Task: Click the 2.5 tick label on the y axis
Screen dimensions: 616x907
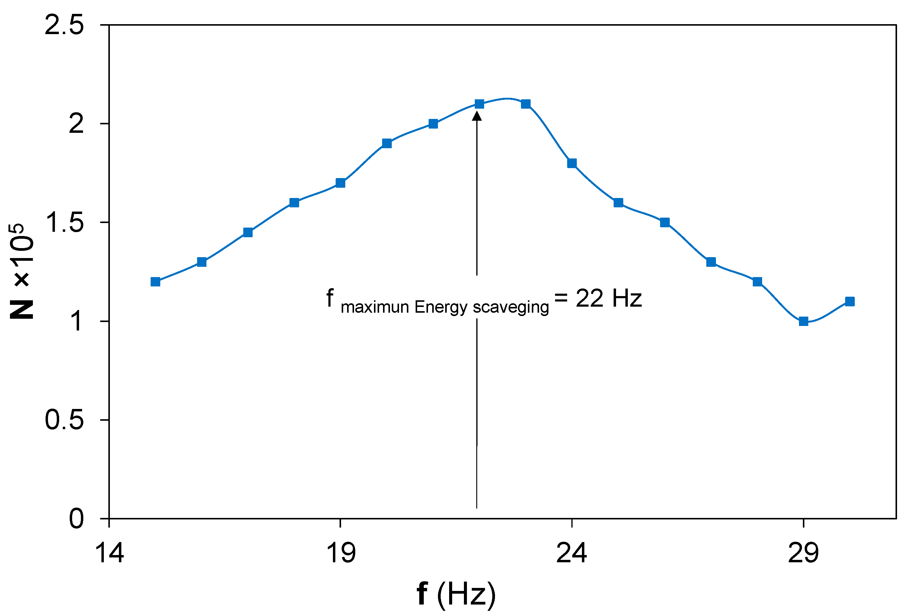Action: click(x=64, y=25)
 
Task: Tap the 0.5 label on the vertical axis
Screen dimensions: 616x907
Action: click(x=64, y=420)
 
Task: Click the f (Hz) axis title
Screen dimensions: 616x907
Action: click(x=456, y=594)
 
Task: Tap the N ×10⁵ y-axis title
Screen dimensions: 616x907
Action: click(x=22, y=271)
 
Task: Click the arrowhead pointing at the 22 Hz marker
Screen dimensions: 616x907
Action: click(x=477, y=116)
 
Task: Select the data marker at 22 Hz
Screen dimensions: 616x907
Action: click(x=479, y=104)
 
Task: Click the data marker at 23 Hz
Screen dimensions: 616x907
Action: click(x=526, y=104)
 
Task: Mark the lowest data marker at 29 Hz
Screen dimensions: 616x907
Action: click(x=803, y=321)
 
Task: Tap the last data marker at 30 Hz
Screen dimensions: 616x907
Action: click(x=850, y=302)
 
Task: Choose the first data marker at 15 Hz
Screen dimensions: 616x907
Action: click(x=155, y=282)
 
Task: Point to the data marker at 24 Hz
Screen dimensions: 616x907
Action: click(x=572, y=163)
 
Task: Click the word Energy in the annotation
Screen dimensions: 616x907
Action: click(x=441, y=308)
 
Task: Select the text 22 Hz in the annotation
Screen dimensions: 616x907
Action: click(x=608, y=298)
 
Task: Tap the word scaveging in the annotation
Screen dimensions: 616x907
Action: click(x=510, y=308)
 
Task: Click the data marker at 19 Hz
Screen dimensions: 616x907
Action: click(x=340, y=183)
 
